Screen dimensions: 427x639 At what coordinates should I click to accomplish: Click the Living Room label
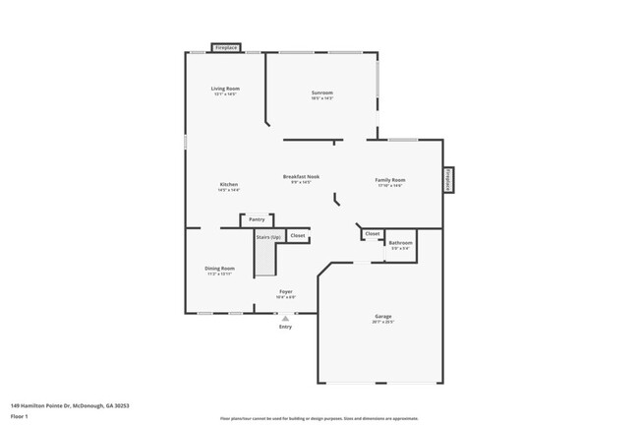[x=225, y=89]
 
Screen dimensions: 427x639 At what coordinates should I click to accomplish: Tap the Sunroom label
[x=322, y=93]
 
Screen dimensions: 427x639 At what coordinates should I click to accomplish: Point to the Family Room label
[x=390, y=180]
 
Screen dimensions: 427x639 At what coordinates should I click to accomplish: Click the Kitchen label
[x=229, y=185]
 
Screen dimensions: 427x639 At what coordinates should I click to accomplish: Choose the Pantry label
[x=256, y=219]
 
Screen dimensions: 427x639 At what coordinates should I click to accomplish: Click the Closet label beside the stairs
[x=298, y=236]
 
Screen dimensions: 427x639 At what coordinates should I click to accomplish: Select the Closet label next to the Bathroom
[x=373, y=233]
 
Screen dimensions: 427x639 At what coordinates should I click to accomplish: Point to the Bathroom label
[x=400, y=243]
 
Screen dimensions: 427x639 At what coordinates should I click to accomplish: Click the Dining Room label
[x=219, y=269]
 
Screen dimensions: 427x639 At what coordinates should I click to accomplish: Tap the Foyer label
[x=285, y=292]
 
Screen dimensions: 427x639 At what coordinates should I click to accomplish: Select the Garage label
[x=382, y=317]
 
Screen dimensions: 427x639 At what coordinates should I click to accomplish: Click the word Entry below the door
[x=285, y=328]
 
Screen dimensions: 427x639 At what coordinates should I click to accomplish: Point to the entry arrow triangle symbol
[x=285, y=318]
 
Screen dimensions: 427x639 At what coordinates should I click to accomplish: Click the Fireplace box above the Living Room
[x=226, y=47]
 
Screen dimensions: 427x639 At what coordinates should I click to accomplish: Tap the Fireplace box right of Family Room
[x=447, y=179]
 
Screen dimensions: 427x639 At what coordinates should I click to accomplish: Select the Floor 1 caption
[x=20, y=416]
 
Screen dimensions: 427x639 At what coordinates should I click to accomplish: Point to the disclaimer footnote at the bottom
[x=319, y=420]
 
